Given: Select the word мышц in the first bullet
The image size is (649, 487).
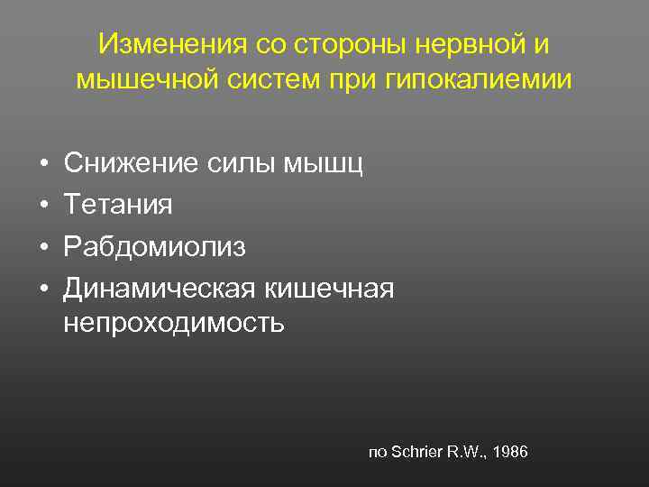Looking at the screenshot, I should coord(334,164).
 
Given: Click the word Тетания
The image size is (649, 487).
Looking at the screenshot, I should coord(117,206).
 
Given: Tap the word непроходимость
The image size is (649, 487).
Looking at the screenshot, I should coord(174,323).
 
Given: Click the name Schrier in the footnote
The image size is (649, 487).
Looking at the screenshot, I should coord(416,451).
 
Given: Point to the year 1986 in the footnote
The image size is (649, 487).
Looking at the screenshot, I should coord(509,451).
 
